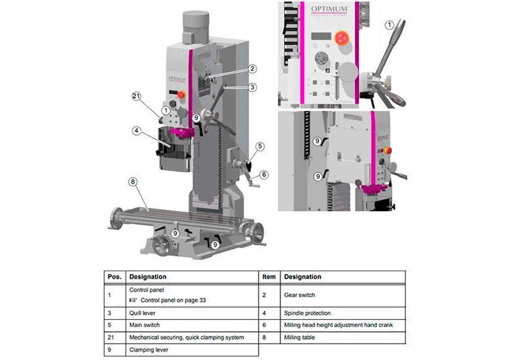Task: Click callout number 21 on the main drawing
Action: (138, 96)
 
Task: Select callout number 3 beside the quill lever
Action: (251, 88)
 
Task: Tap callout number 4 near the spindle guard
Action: (135, 131)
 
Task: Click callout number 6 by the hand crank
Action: (264, 175)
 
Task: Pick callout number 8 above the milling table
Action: (132, 182)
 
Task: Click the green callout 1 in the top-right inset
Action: (389, 25)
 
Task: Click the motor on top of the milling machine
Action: (198, 24)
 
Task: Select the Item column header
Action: (269, 277)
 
